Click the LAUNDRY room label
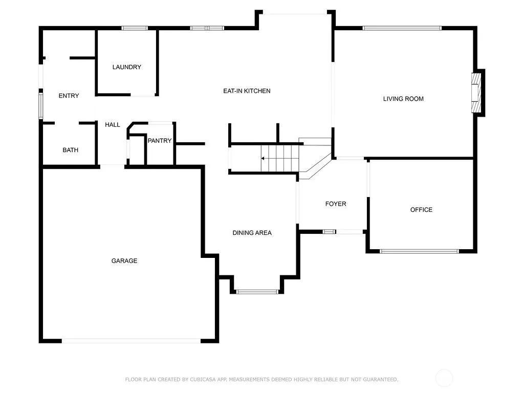(127, 67)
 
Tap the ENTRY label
(69, 96)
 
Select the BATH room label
(71, 150)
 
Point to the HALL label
(112, 125)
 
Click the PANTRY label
(160, 141)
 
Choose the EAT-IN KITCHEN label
(247, 91)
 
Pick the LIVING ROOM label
(403, 99)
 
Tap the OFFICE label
(422, 210)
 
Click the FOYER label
(336, 204)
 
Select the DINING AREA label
(252, 233)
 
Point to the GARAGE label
(124, 261)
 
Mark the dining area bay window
(257, 292)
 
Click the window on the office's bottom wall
(420, 251)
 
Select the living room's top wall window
(402, 29)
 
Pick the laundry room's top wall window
(135, 29)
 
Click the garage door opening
(132, 341)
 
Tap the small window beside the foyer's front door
(329, 231)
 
